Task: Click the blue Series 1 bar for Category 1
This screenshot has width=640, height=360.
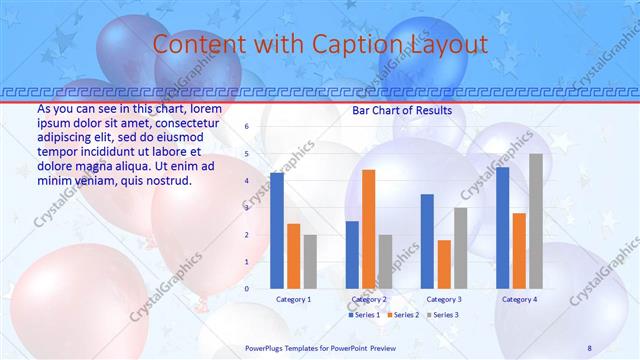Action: (277, 230)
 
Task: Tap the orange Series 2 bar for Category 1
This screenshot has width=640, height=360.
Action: (293, 256)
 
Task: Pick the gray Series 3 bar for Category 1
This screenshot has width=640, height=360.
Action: (310, 261)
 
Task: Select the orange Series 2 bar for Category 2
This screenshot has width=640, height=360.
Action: (369, 229)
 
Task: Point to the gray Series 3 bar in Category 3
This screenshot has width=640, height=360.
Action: (461, 248)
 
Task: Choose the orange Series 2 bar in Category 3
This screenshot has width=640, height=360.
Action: (444, 264)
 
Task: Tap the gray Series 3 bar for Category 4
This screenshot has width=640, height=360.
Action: (536, 221)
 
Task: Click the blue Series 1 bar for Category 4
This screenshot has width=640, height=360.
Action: (502, 227)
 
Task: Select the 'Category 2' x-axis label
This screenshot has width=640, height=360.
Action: (369, 299)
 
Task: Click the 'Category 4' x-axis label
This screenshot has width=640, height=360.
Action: (519, 299)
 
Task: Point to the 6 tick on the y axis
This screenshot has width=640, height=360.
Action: (246, 127)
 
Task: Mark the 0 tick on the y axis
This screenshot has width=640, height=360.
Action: (246, 288)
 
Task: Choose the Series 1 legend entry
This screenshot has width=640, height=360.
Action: (364, 315)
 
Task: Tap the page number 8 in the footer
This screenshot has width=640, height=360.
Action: (590, 347)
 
